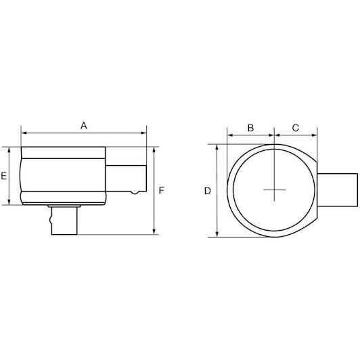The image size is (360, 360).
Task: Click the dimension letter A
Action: (x=84, y=126)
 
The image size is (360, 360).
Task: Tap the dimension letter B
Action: (x=250, y=128)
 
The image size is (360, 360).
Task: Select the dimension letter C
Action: (x=295, y=128)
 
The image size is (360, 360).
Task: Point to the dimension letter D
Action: (x=208, y=191)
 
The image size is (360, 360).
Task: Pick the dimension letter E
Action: (x=4, y=176)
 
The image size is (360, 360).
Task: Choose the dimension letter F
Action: (x=162, y=190)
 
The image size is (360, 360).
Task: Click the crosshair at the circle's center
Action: (x=274, y=190)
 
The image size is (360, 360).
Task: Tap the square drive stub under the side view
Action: (x=64, y=221)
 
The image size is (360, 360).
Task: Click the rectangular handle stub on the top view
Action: (x=337, y=190)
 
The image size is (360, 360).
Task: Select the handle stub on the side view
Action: (x=126, y=179)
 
